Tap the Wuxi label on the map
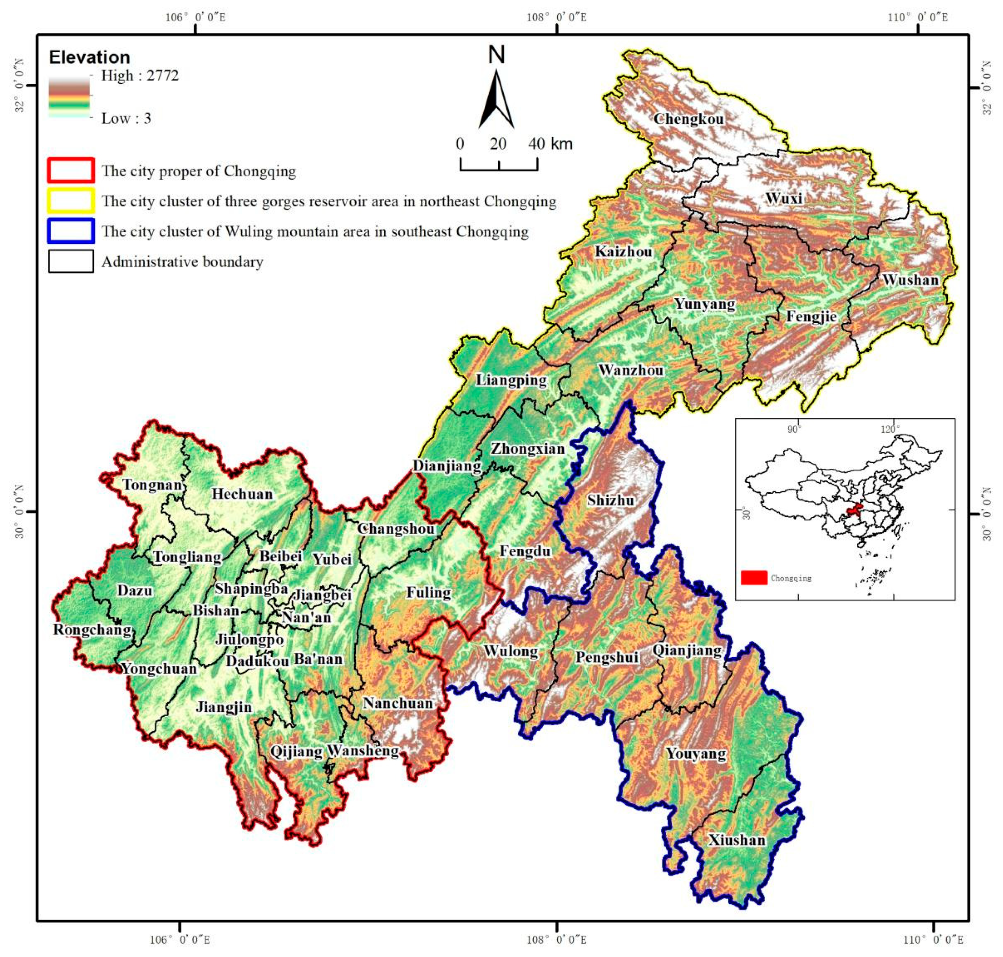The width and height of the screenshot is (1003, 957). coord(784,198)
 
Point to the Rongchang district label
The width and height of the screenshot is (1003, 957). coord(92,629)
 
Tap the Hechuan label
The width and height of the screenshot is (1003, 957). coord(242,493)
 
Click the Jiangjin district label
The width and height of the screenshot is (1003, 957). coord(224,707)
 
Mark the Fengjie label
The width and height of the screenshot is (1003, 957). coord(811,316)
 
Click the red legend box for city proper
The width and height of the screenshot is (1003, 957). coord(71,170)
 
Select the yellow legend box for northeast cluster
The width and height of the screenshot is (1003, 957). coord(71,200)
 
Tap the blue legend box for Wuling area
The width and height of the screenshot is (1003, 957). coord(71,231)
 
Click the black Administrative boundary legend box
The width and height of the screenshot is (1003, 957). coord(71,261)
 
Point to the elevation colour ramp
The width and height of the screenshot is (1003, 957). coord(69,97)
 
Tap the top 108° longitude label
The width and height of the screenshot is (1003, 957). coord(556,17)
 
